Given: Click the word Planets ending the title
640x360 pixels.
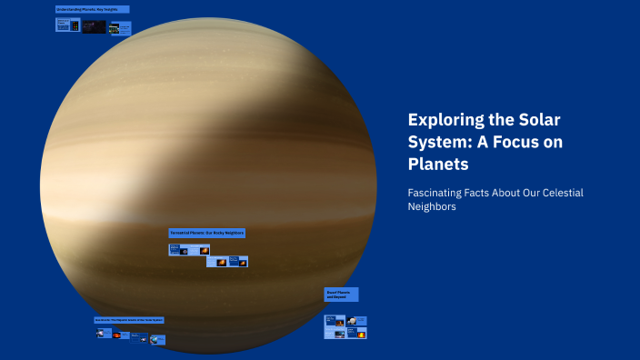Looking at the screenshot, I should pos(438,165).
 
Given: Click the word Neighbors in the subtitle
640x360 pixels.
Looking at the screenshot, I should pos(432,207).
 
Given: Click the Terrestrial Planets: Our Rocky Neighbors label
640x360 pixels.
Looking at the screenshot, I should pos(207,233).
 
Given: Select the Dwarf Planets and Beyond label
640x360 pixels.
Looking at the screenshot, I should pos(342,295).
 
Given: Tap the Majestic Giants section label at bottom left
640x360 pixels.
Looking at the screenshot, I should pos(129,320).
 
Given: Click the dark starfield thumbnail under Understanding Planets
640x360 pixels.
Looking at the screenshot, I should pos(94,27).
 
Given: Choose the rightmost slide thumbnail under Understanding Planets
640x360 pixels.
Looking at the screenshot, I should pos(120,28).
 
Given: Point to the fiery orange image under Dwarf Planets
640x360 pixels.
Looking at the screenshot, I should pos(361,334).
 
